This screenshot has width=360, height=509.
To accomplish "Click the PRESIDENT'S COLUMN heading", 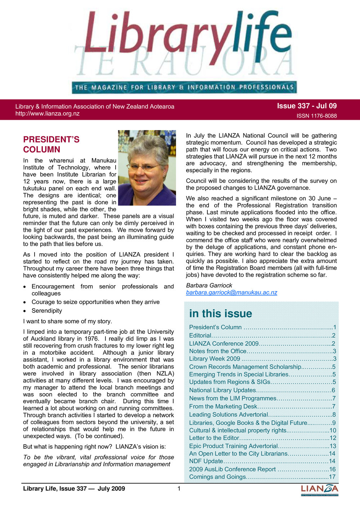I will point(51,144).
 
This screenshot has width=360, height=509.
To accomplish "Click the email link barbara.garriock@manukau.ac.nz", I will point(231,292).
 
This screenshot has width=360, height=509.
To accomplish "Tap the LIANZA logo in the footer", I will point(319,489).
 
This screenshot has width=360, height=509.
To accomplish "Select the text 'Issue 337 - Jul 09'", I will point(307,106).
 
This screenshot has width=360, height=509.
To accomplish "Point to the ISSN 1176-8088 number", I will point(316,116).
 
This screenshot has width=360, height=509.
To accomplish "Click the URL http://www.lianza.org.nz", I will point(47,114).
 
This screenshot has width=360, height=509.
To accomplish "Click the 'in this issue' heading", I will point(220,313).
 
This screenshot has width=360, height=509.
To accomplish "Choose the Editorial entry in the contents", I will point(200,335).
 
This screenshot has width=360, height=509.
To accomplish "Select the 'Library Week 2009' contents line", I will point(215,359).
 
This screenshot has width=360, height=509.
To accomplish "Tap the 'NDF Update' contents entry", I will point(206,461).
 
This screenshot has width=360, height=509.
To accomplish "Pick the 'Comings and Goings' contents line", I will point(217,477).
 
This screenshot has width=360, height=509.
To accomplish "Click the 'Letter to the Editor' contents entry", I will point(214,438).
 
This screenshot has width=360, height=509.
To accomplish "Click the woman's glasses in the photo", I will point(143,167).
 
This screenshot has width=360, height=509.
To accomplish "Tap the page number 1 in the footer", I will point(179,488).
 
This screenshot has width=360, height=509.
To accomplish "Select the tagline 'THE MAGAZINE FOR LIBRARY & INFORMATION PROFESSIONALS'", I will point(184,87).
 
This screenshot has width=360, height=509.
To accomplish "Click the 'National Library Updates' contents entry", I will point(222,390).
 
